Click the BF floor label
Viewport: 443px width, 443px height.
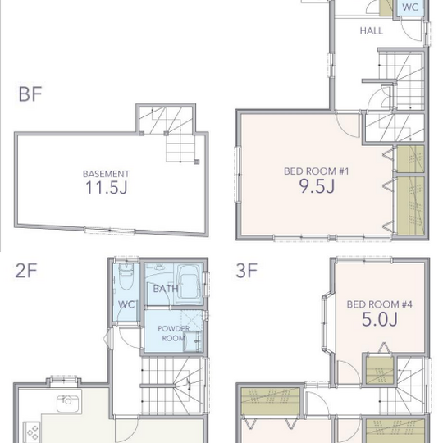coord(30,94)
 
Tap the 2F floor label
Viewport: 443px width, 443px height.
coord(26,271)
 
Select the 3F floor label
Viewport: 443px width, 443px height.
coord(247,271)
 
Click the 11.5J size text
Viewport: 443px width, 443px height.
coord(106,187)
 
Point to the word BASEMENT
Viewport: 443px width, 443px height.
coord(106,174)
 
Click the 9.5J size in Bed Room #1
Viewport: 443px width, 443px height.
coord(317,186)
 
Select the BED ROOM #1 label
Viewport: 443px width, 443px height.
coord(317,171)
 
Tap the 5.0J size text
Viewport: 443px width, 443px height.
coord(380,319)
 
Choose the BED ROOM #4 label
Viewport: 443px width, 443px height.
coord(380,304)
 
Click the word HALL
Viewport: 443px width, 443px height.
coord(372,31)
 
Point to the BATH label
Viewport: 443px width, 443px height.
coord(166,289)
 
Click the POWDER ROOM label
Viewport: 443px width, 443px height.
coord(173,333)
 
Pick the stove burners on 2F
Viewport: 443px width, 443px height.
coord(32,432)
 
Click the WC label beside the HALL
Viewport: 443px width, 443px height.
coord(410,7)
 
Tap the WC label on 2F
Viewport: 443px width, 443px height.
coord(126,304)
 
